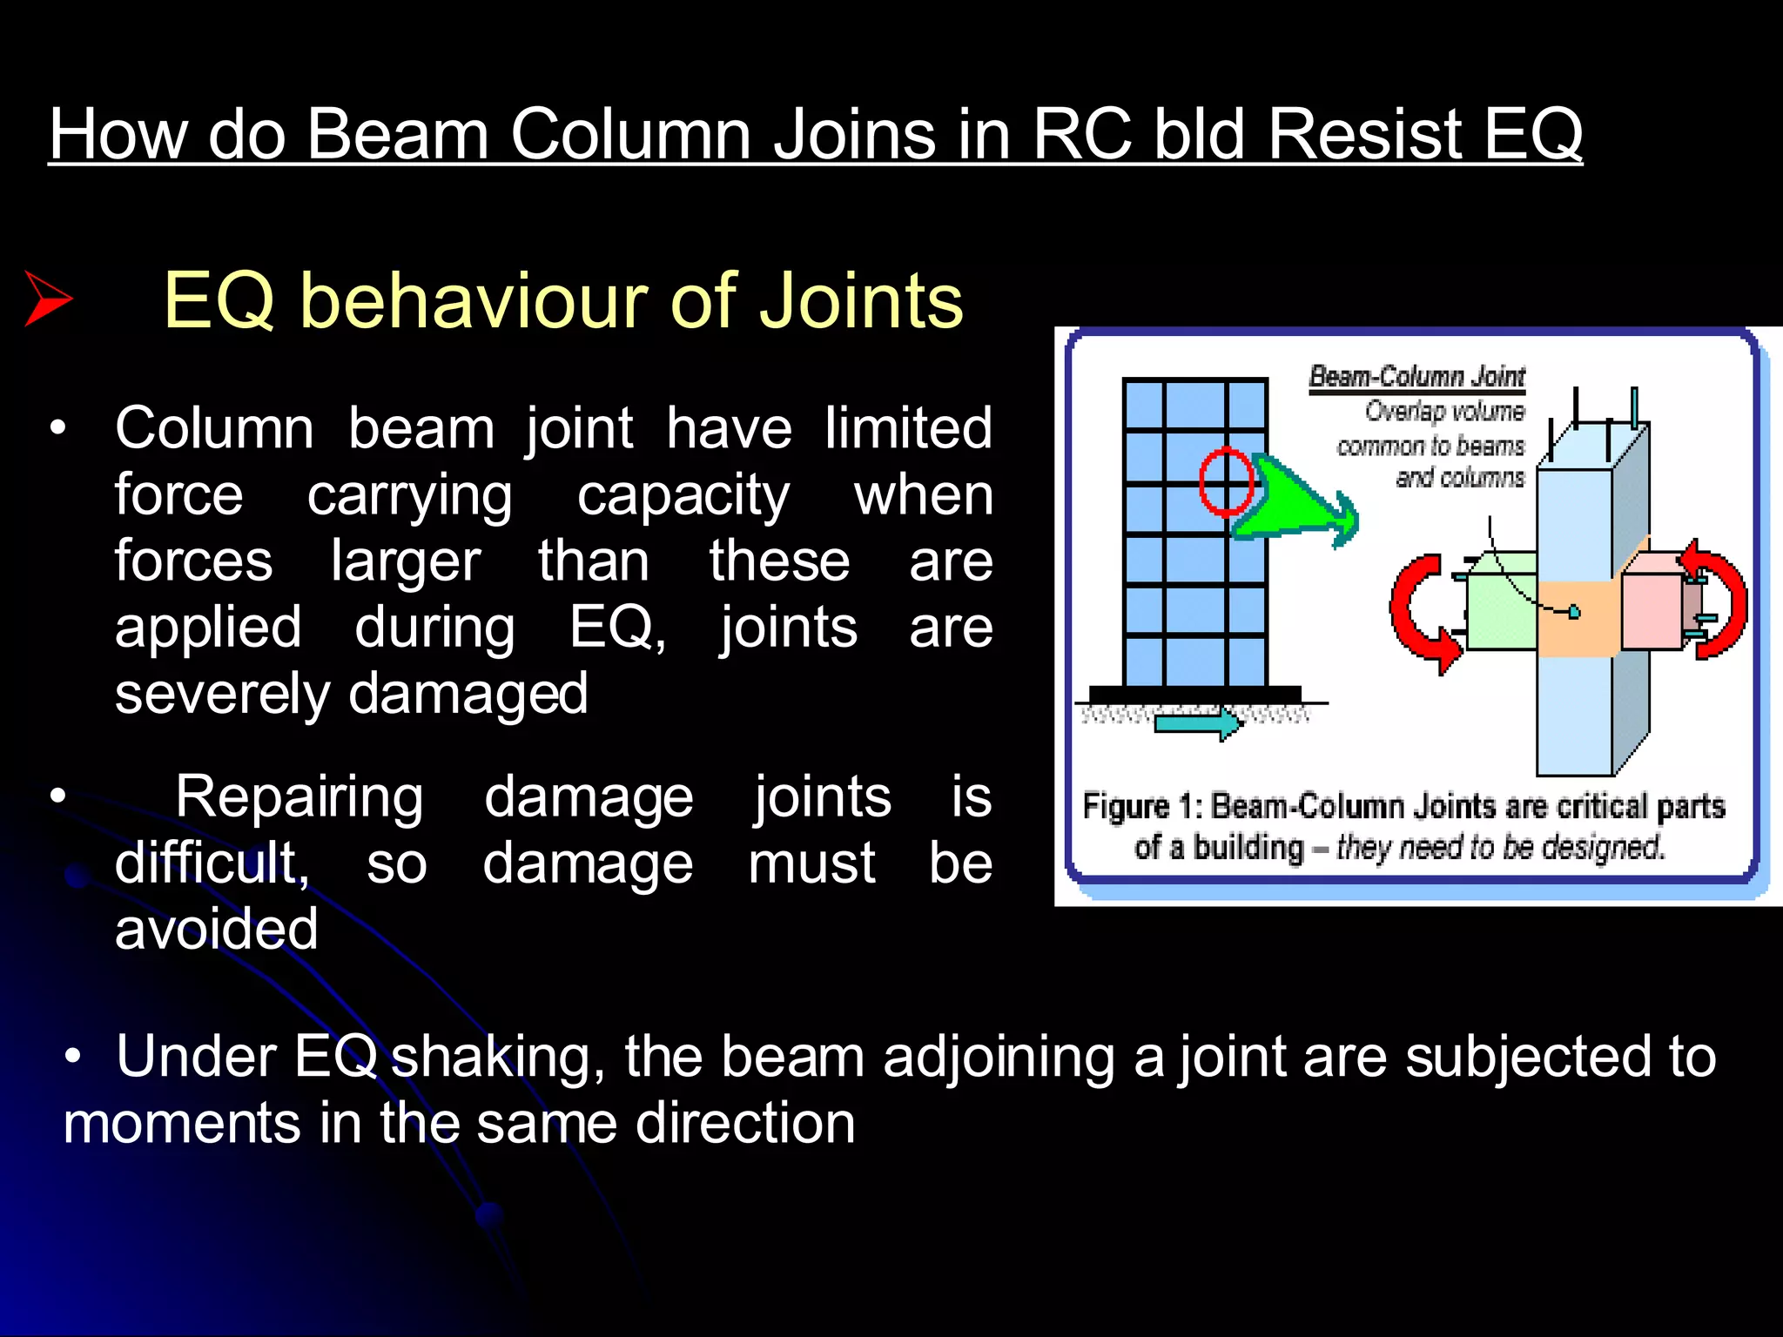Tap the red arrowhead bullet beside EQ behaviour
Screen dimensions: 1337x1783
pyautogui.click(x=48, y=299)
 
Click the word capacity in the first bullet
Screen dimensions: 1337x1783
pyautogui.click(x=683, y=496)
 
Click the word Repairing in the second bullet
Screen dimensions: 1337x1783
pyautogui.click(x=299, y=796)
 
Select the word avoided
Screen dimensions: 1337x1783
pyautogui.click(x=217, y=929)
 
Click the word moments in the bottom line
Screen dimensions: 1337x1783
pyautogui.click(x=181, y=1123)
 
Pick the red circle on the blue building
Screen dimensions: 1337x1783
pyautogui.click(x=1226, y=480)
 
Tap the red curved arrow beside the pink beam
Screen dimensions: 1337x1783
pyautogui.click(x=1719, y=601)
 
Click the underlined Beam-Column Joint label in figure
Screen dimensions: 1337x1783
pyautogui.click(x=1416, y=377)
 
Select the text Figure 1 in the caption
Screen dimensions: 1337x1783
pyautogui.click(x=1141, y=807)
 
